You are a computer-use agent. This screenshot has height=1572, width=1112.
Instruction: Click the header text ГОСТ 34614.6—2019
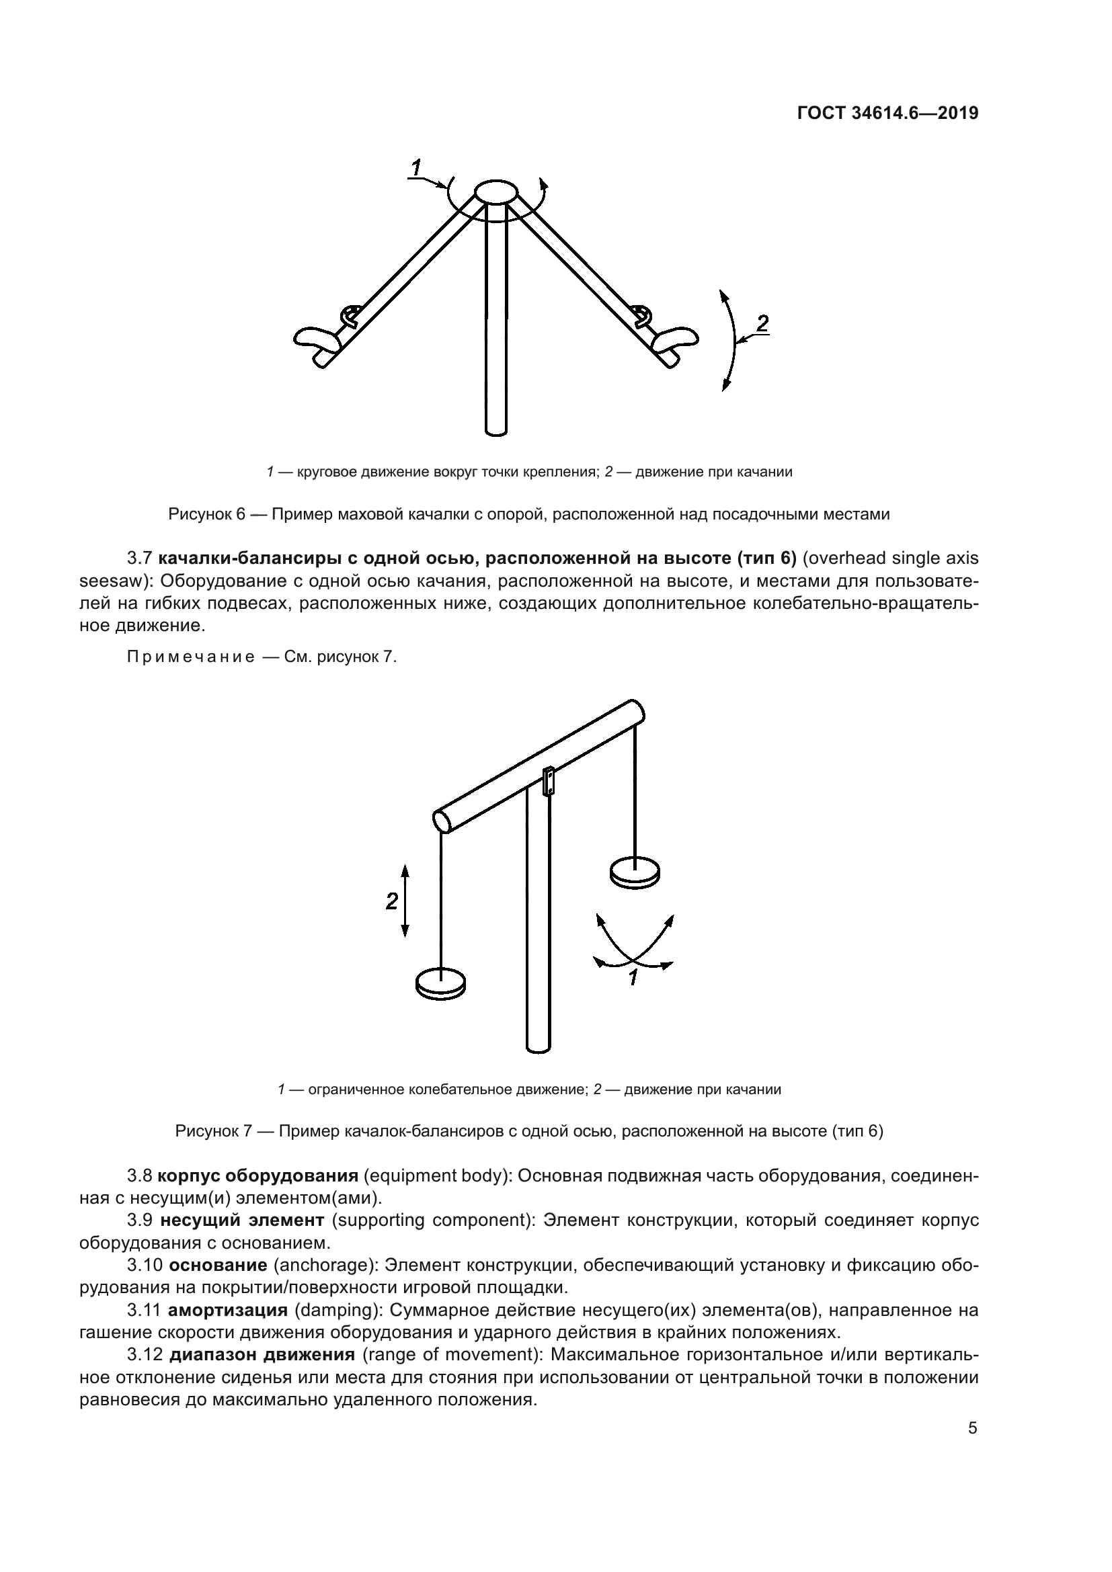(x=887, y=113)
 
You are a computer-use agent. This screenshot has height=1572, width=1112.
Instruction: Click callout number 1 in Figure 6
(x=415, y=167)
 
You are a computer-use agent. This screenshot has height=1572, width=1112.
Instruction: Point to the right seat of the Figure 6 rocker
(x=675, y=338)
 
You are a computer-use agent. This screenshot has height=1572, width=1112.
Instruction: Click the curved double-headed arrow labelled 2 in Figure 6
(x=733, y=341)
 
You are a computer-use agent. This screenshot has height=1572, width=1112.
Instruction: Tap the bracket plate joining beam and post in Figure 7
(x=549, y=781)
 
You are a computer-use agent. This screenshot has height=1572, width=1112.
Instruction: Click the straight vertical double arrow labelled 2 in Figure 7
(x=405, y=901)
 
